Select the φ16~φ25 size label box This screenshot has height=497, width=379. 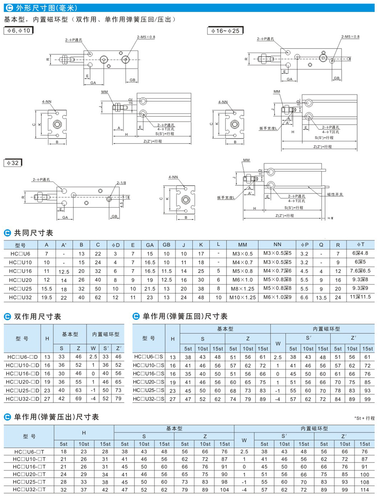pos(225,31)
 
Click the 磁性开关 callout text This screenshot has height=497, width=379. pos(335,194)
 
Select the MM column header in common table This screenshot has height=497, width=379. pos(242,245)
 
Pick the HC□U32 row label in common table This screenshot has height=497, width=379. pos(21,297)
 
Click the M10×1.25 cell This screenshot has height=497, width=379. pos(242,297)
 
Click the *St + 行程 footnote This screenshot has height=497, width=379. pos(363,418)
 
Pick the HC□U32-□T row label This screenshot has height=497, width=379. pos(29,489)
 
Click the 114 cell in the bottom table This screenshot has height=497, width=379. pos(364,489)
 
